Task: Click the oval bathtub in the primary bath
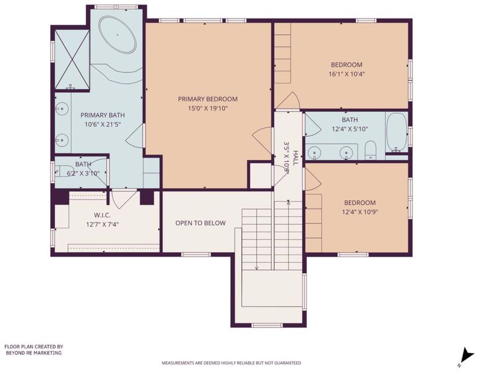click(x=118, y=35)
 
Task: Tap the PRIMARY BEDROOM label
click(x=208, y=99)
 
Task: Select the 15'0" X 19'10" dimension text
click(x=208, y=108)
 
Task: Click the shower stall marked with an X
click(x=72, y=59)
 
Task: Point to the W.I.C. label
click(x=102, y=215)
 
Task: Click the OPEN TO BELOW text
click(x=200, y=223)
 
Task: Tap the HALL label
click(x=295, y=158)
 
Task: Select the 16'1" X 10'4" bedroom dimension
click(x=347, y=74)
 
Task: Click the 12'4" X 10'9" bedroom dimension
click(x=360, y=212)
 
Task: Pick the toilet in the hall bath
click(x=370, y=150)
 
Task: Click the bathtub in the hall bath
click(x=397, y=132)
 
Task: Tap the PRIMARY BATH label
click(x=103, y=115)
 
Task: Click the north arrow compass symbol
click(x=466, y=356)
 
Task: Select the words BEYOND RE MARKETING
click(x=34, y=353)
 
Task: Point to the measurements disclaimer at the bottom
click(x=231, y=363)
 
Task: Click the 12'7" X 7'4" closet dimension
click(x=102, y=224)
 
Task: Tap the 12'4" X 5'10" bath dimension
click(x=350, y=129)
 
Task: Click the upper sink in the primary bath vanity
click(x=62, y=108)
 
